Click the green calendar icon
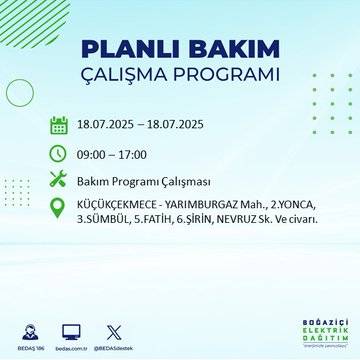pyautogui.click(x=58, y=125)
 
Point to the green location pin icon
pyautogui.click(x=58, y=212)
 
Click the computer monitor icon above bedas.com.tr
pyautogui.click(x=71, y=329)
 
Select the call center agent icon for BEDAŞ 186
pyautogui.click(x=29, y=329)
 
